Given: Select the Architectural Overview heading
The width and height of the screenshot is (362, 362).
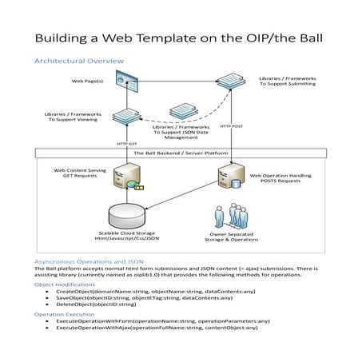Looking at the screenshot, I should click(x=78, y=61).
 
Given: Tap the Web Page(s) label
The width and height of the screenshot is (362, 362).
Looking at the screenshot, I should click(x=88, y=81).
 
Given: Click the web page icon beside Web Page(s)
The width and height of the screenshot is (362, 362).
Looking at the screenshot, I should click(x=122, y=78).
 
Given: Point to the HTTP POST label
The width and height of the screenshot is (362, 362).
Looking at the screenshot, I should click(x=231, y=125).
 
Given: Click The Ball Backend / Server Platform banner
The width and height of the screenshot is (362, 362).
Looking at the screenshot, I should click(x=181, y=153).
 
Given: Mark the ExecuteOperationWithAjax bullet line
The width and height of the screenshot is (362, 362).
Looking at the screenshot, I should click(x=157, y=328).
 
